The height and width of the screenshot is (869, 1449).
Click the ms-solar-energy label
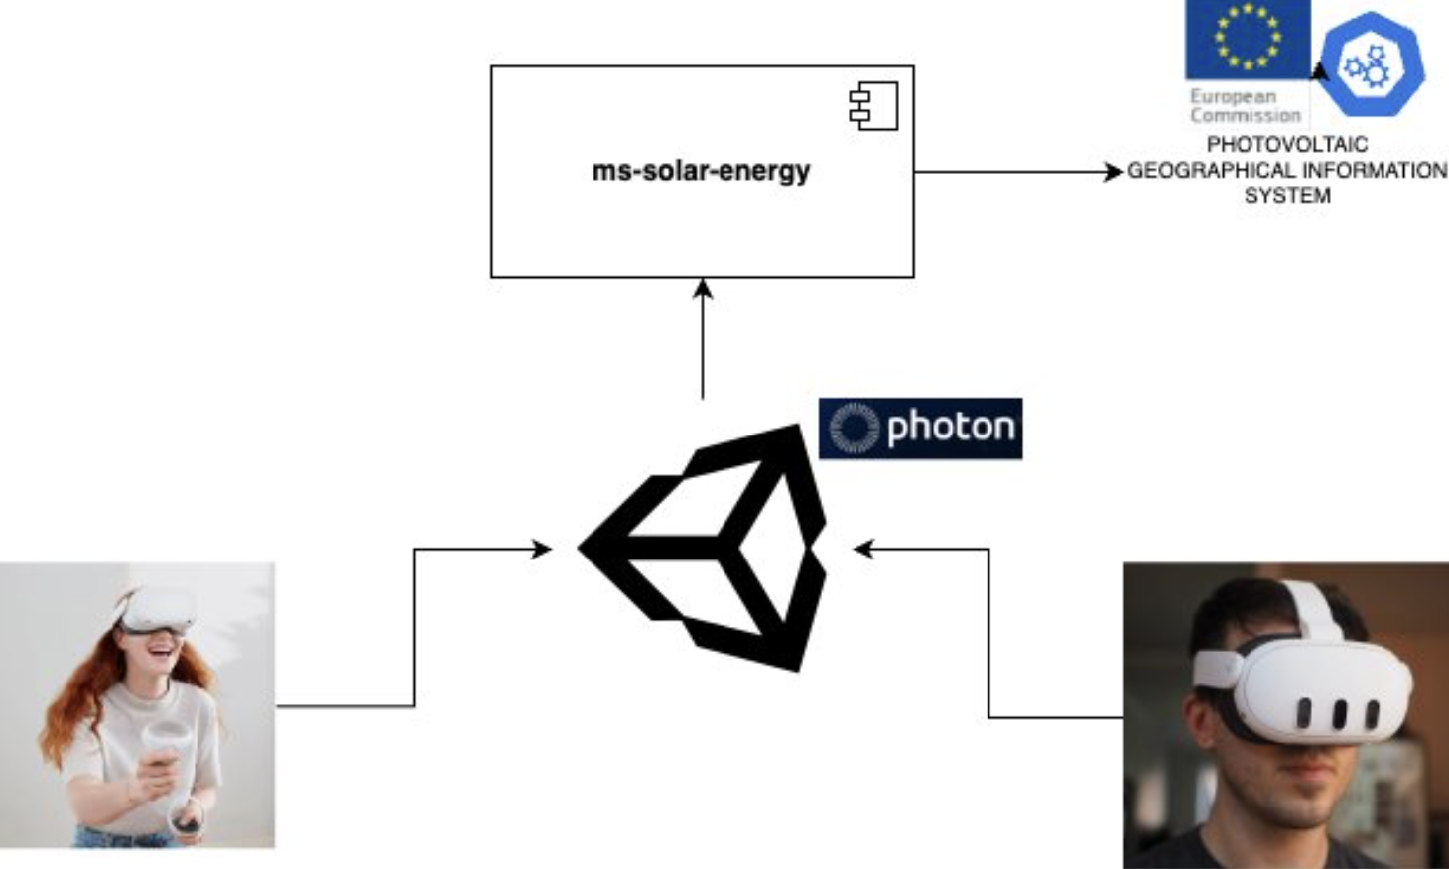coord(701,171)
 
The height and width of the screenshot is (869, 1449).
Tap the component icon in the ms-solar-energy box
coord(873,106)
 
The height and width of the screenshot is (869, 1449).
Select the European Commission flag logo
coord(1247,40)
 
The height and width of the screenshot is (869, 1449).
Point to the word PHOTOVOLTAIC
coord(1286,145)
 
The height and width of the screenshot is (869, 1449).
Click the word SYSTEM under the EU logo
coord(1287,196)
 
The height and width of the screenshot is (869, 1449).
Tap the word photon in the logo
coord(950,428)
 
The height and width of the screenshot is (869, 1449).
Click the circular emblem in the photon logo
coord(854,428)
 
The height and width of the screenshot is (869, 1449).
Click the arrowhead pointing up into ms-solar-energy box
coord(703,288)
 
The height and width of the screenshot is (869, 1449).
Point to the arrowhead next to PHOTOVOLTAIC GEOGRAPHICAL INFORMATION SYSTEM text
coord(1115,172)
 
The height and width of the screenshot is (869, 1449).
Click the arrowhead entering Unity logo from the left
coord(542,549)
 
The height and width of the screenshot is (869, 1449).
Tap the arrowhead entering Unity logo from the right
coord(864,549)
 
